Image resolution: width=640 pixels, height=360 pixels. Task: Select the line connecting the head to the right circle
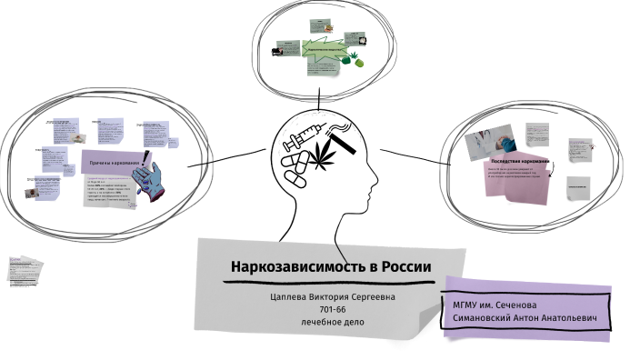pos(413,156)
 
